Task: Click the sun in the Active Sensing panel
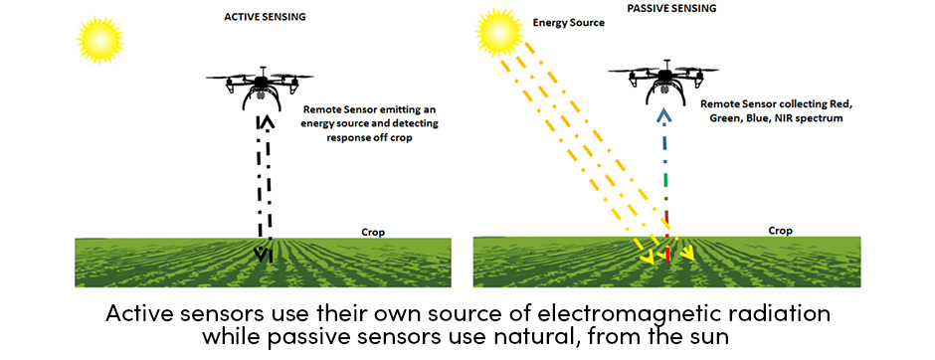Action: (100, 40)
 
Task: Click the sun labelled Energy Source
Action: (499, 33)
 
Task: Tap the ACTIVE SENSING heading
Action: (265, 17)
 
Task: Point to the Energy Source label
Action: (568, 23)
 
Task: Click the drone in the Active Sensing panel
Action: (260, 88)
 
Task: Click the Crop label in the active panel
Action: (373, 233)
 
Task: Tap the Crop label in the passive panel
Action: (780, 231)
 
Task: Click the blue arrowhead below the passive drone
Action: (665, 116)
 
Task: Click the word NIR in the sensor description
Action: (777, 118)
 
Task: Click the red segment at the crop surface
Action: (667, 253)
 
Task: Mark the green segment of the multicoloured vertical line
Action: (666, 163)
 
